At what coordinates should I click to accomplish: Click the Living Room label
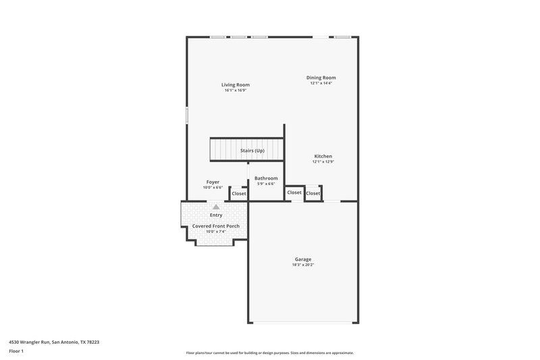coord(235,85)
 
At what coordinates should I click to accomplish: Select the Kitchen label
coord(323,156)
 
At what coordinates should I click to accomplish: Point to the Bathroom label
coord(266,178)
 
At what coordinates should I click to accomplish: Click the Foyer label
coord(213,182)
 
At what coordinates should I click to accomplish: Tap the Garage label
coord(303,259)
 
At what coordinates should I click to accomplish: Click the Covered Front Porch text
coord(216,226)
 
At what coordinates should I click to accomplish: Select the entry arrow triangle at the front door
coord(216,207)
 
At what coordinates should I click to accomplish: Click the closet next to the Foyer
coord(239,194)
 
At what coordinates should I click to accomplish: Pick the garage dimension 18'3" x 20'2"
coord(303,265)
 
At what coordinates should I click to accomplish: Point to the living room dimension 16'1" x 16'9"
coord(235,91)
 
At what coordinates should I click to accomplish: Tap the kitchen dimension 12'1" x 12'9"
coord(323,161)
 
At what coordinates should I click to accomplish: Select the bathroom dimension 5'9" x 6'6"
coord(266,184)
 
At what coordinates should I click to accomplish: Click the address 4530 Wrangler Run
coord(53,342)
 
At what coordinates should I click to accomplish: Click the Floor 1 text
coord(17,351)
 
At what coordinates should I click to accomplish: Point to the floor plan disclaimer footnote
coord(269,353)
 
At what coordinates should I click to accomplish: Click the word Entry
coord(216,215)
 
